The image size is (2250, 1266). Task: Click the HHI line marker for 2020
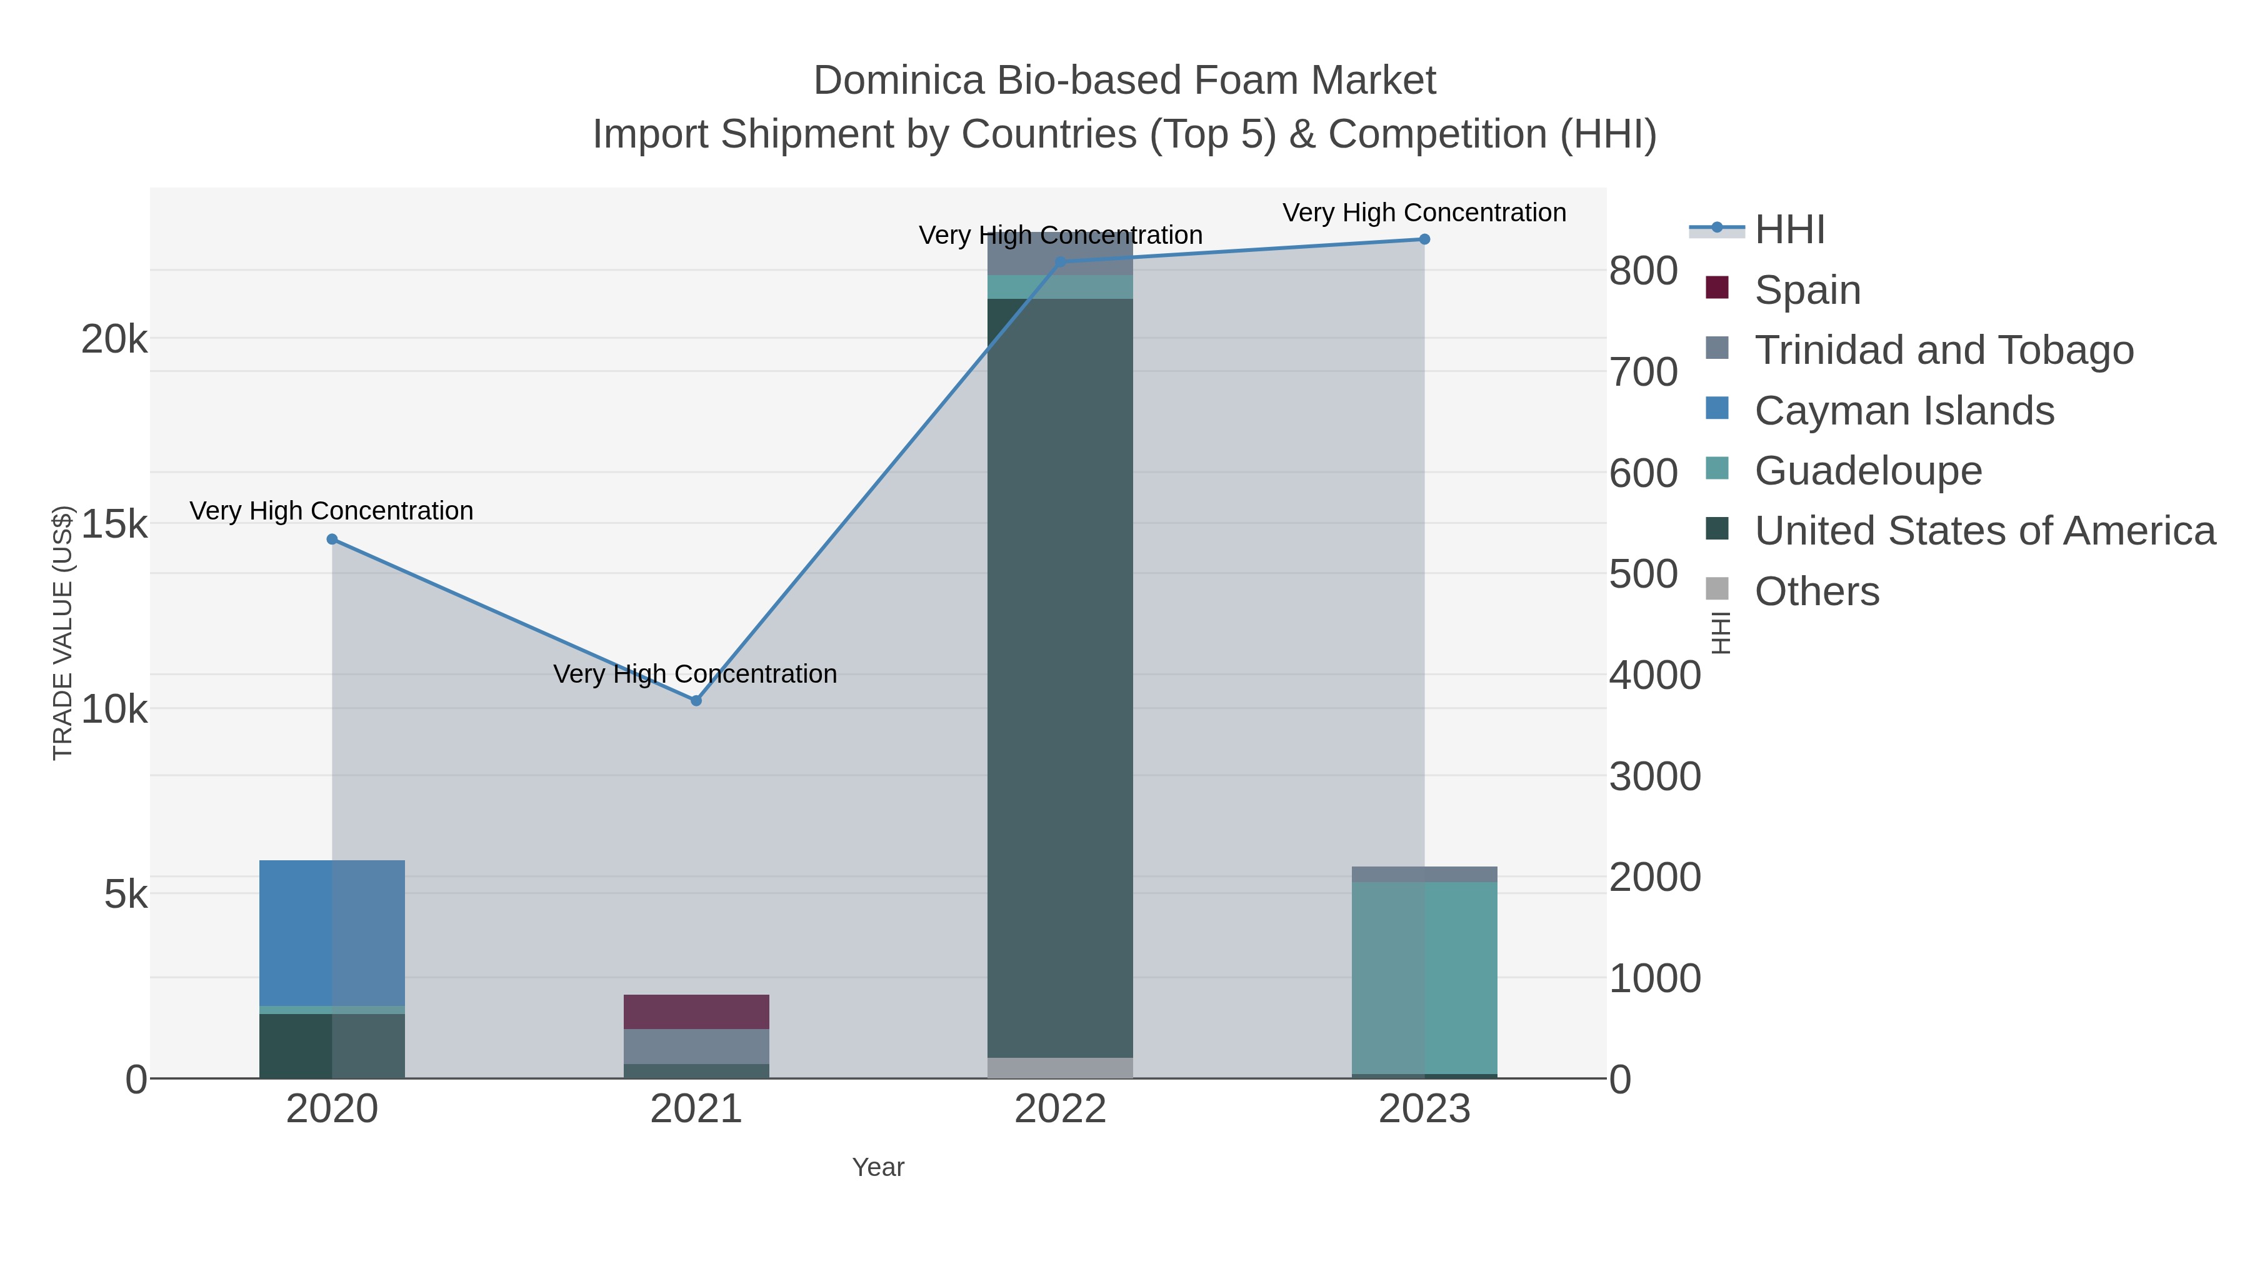[332, 539]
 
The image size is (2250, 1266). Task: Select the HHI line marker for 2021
[696, 701]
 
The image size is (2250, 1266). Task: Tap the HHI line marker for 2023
[1424, 239]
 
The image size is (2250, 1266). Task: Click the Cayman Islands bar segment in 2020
[332, 933]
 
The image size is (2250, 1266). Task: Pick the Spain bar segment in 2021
[696, 1012]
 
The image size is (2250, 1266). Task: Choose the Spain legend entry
[1807, 290]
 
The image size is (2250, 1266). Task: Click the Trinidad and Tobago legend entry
[1943, 350]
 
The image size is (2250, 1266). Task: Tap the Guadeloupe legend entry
[1867, 471]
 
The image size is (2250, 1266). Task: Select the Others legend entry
[1817, 591]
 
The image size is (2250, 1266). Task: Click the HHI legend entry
[1790, 230]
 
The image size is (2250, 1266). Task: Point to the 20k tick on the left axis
[114, 339]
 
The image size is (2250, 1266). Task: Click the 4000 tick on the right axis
[1654, 675]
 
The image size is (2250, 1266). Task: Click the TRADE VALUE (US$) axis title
[63, 633]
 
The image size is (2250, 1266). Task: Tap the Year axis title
[878, 1167]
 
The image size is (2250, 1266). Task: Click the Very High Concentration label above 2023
[1424, 213]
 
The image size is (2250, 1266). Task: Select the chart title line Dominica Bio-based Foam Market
[1124, 81]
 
